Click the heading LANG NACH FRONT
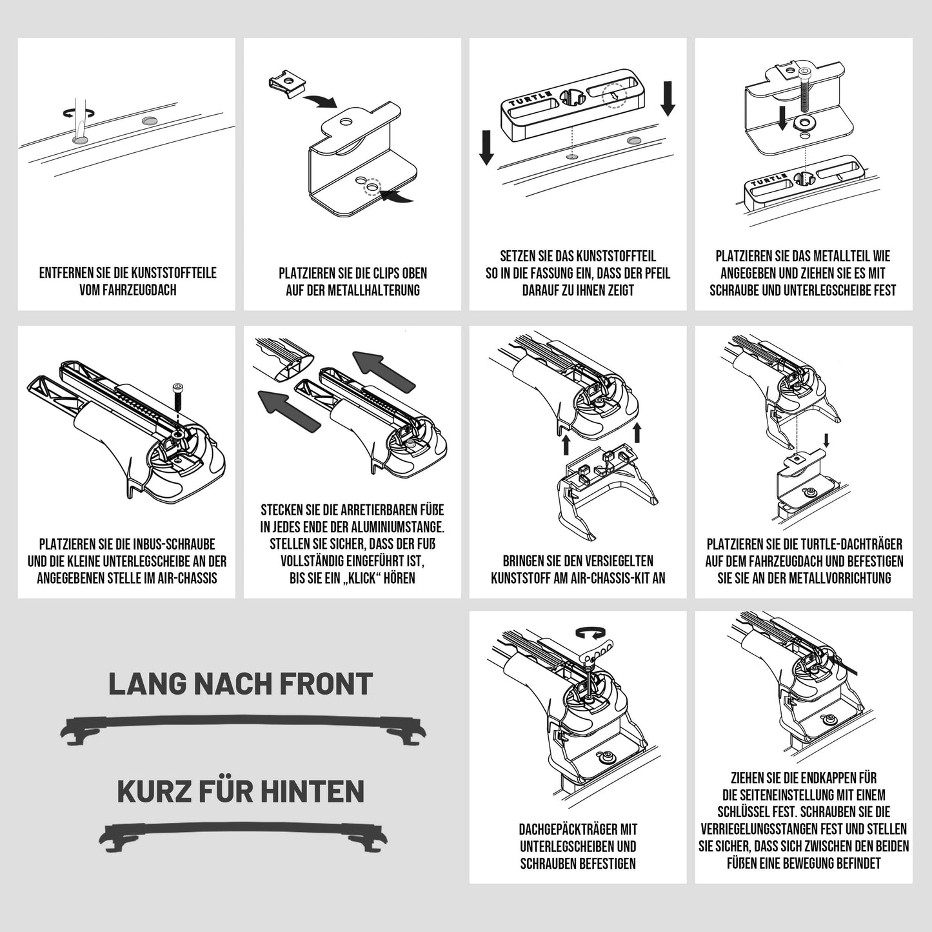pyautogui.click(x=241, y=684)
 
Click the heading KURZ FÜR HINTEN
pyautogui.click(x=241, y=792)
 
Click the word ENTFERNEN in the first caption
pyautogui.click(x=62, y=273)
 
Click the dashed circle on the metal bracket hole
pyautogui.click(x=372, y=186)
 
